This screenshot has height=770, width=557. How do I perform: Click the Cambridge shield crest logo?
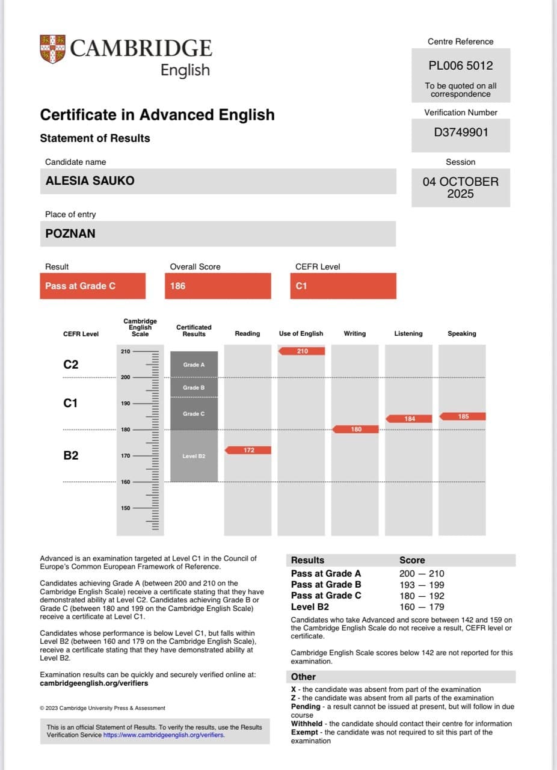pos(52,49)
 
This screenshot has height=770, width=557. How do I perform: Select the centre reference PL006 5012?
pos(461,66)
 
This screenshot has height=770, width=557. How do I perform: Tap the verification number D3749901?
pos(461,132)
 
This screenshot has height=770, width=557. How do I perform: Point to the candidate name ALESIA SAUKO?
pos(90,180)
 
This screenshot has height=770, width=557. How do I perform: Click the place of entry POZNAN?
pos(70,233)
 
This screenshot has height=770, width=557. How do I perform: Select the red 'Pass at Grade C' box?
pos(93,286)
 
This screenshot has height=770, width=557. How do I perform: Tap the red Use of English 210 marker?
pos(301,351)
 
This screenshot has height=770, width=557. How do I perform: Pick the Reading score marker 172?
pos(248,450)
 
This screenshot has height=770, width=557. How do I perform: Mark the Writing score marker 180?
pos(355,429)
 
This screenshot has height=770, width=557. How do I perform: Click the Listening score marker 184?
pos(409,419)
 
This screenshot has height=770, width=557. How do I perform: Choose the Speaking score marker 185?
pos(463,416)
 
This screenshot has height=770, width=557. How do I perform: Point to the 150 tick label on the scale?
pos(125,508)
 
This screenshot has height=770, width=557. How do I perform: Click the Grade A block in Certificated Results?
pos(194,365)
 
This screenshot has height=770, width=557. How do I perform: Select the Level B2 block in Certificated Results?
pos(194,456)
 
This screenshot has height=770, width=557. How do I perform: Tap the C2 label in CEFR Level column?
pos(71,365)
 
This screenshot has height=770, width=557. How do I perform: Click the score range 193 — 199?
pos(422,585)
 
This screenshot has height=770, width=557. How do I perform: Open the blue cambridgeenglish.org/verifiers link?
pos(164,735)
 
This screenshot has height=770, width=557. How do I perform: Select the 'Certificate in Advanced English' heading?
pos(157,115)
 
